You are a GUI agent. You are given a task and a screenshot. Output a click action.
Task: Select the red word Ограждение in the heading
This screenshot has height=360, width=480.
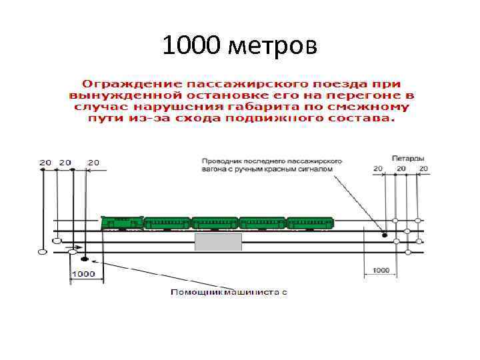tap(121, 84)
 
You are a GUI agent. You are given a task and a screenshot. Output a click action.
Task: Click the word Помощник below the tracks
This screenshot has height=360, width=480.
tap(196, 292)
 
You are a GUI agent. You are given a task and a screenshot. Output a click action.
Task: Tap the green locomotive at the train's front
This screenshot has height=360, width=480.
tap(122, 223)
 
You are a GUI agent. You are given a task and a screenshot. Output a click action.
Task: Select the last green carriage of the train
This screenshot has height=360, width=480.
tap(310, 223)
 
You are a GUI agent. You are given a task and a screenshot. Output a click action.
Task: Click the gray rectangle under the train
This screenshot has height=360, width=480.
tap(218, 241)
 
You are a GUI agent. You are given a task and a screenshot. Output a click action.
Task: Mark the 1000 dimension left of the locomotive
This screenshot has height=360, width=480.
tap(84, 274)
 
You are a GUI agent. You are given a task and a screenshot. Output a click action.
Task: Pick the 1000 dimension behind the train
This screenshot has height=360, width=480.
tap(380, 271)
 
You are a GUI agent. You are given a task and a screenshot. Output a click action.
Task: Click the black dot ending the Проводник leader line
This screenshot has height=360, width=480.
tap(385, 234)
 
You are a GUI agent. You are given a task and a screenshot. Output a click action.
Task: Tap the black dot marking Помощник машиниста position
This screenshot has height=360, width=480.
tap(85, 259)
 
